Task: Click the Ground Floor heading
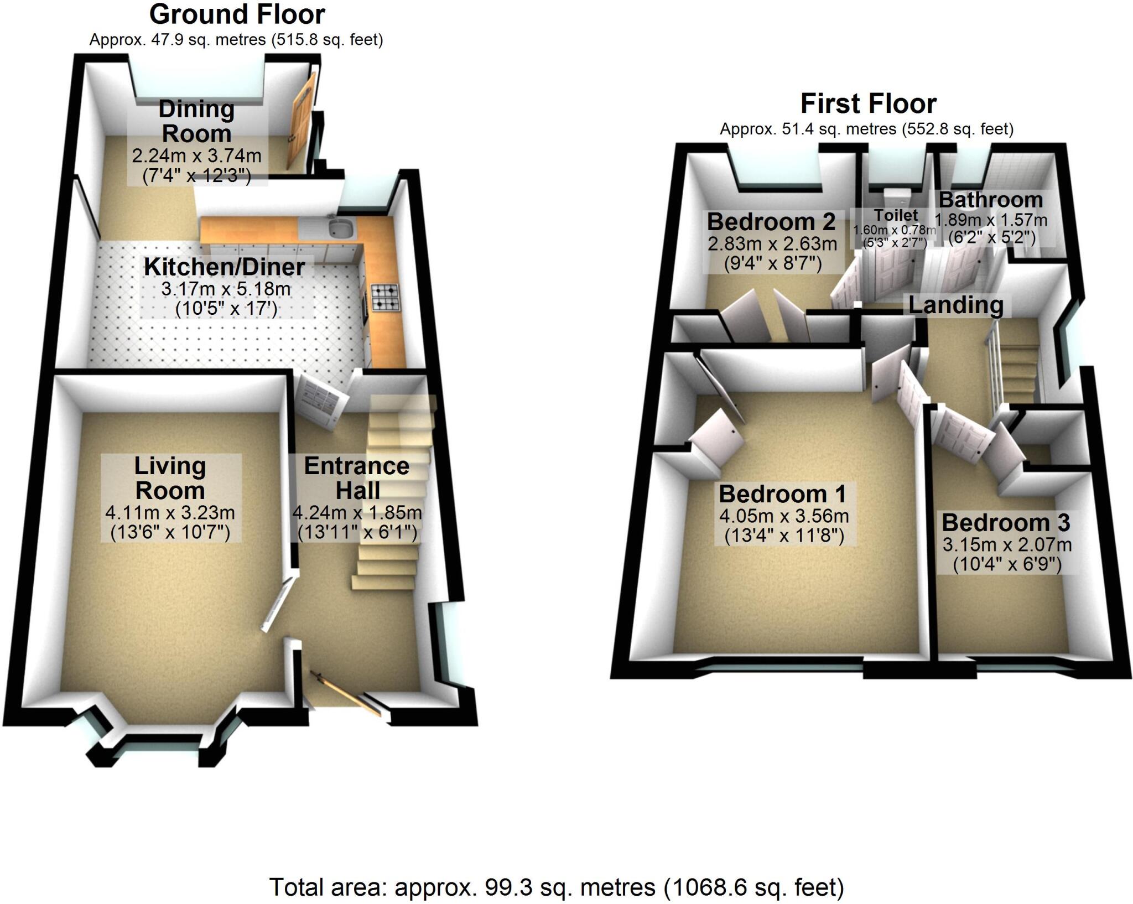click(x=237, y=14)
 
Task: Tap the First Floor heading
click(x=868, y=104)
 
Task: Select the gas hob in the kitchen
click(x=384, y=297)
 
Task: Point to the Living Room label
click(x=170, y=478)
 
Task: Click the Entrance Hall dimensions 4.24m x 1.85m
click(x=357, y=513)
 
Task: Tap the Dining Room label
click(x=196, y=122)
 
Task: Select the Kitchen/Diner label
click(x=224, y=267)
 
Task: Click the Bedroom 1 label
click(x=782, y=493)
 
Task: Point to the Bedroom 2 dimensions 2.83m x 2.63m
click(x=772, y=243)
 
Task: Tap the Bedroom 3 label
click(x=1006, y=522)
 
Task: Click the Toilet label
click(x=895, y=215)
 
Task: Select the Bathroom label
click(x=990, y=200)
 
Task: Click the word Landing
click(x=955, y=305)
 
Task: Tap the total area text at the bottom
click(x=556, y=887)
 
